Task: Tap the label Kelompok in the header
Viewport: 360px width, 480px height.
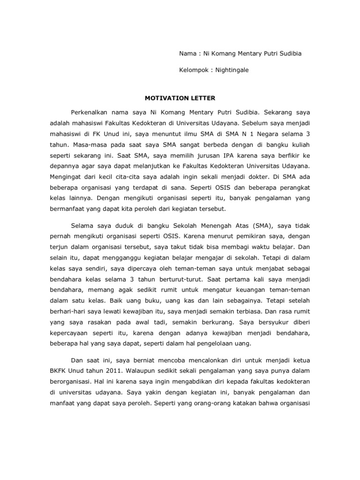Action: click(193, 70)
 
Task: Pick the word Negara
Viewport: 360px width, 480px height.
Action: click(270, 135)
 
